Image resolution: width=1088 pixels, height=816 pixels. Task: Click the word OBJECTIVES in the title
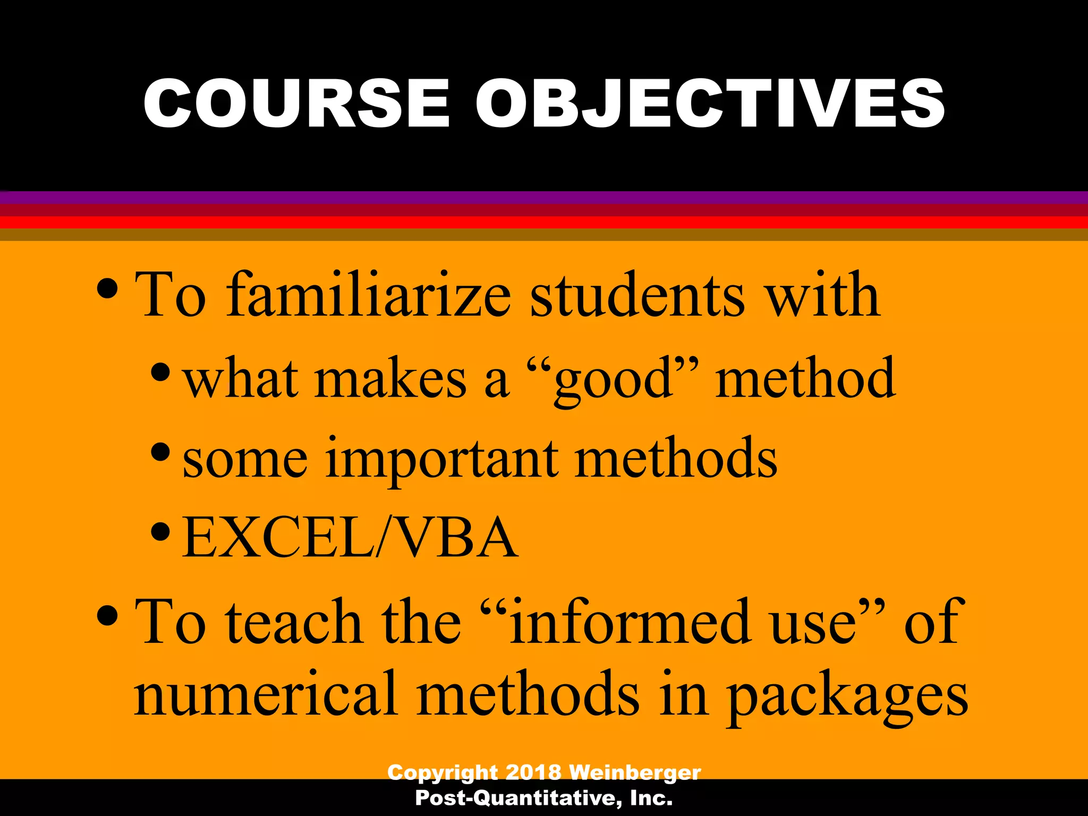coord(710,103)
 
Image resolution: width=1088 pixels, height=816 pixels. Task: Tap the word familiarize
coord(369,295)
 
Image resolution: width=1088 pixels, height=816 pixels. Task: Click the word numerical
coord(266,694)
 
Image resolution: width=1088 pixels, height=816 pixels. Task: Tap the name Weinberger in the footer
coord(635,772)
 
